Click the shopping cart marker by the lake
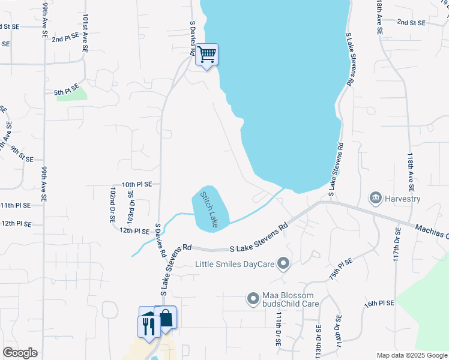[206, 55]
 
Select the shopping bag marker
[166, 317]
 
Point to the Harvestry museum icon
[376, 197]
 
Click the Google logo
[20, 353]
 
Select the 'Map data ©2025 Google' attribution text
[411, 355]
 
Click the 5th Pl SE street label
[67, 91]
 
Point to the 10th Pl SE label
[137, 185]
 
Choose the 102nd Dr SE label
[112, 205]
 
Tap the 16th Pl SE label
[379, 303]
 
